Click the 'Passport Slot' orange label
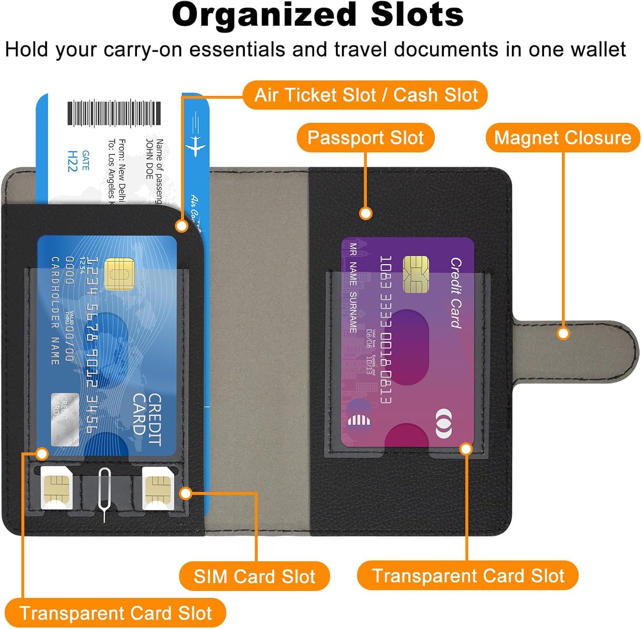(366, 138)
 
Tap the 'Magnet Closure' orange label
(562, 138)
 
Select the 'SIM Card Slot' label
(254, 576)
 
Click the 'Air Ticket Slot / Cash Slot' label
(366, 95)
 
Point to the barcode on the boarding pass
(114, 113)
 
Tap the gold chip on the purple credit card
(416, 274)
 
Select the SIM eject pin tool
(104, 492)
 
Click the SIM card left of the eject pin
(56, 488)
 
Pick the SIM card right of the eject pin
(158, 488)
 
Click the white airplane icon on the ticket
(195, 143)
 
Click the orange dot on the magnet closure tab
(563, 333)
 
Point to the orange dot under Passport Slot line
(365, 213)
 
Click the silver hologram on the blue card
(65, 419)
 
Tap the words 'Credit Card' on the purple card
(455, 293)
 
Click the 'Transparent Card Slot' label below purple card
(467, 576)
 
